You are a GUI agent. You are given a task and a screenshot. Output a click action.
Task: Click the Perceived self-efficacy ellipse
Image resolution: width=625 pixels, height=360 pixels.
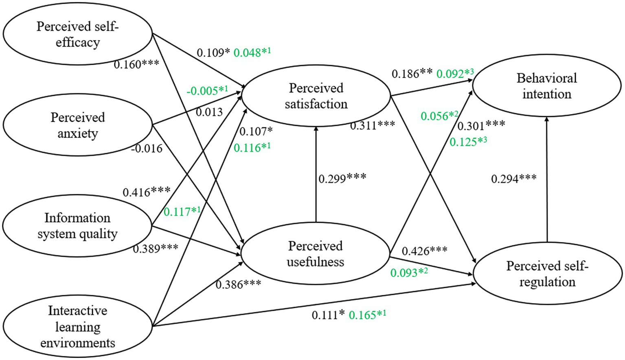click(x=77, y=34)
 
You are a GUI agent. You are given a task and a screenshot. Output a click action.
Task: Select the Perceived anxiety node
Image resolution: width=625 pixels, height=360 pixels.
click(x=77, y=125)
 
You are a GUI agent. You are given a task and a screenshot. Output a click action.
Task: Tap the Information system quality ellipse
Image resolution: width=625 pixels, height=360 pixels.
click(x=77, y=226)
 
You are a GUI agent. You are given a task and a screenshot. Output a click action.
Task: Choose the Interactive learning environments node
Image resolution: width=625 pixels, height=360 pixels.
click(x=77, y=327)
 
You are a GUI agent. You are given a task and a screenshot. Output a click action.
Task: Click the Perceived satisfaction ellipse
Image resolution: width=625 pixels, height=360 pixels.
click(x=316, y=96)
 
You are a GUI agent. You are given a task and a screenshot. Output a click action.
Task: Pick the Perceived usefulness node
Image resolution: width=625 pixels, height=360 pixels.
click(x=316, y=253)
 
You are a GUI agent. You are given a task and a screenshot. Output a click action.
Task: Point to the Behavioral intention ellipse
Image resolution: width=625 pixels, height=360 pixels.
click(x=547, y=86)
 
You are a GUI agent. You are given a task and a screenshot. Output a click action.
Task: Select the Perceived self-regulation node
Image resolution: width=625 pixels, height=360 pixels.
click(x=547, y=274)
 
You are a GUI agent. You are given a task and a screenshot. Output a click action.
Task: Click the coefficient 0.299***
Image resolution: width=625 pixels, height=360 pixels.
click(x=342, y=178)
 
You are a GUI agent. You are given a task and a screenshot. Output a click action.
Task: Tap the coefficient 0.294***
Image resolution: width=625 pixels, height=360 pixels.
click(x=513, y=178)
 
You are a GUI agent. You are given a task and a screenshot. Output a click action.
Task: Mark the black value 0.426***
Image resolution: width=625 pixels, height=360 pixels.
click(x=424, y=251)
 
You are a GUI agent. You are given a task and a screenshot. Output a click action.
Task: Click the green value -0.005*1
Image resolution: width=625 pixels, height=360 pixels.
click(x=207, y=90)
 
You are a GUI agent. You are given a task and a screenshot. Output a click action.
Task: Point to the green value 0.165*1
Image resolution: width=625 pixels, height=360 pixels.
click(x=367, y=315)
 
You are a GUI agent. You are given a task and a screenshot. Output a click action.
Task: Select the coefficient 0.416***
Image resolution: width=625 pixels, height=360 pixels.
click(x=147, y=192)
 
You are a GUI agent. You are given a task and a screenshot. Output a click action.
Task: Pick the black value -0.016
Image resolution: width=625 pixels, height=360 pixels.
click(x=147, y=149)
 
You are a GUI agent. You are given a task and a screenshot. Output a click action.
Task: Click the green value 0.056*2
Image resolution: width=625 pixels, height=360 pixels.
click(x=439, y=116)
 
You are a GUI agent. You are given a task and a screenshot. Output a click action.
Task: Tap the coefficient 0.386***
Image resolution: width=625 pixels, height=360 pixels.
click(x=238, y=284)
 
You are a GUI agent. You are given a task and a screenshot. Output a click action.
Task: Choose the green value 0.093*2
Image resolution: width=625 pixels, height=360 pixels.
click(x=409, y=272)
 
